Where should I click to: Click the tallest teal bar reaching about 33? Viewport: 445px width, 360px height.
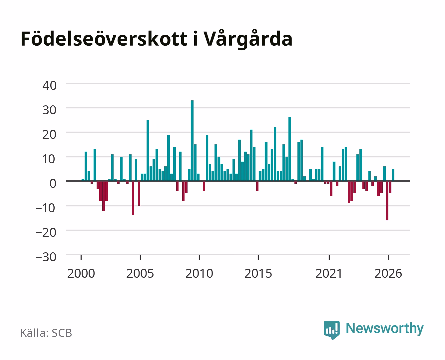(192, 140)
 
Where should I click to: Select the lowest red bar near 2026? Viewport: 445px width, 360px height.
(387, 201)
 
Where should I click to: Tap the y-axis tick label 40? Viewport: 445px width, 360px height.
(50, 86)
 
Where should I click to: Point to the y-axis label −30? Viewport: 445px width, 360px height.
(46, 257)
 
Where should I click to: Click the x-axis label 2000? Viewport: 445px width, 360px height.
(81, 273)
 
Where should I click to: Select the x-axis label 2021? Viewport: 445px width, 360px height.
(329, 273)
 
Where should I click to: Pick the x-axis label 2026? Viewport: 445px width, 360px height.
(388, 273)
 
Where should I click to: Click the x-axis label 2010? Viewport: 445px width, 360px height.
(199, 273)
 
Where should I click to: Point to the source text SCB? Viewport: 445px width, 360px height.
(62, 333)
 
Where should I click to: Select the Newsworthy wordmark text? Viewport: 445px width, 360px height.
(385, 328)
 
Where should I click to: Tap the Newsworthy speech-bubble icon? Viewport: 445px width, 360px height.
(331, 330)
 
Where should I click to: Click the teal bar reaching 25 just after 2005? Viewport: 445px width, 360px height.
(148, 150)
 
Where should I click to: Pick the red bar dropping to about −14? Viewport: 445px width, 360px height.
(133, 198)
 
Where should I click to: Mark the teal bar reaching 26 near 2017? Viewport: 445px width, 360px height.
(290, 149)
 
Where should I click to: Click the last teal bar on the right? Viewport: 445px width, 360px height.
(393, 175)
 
